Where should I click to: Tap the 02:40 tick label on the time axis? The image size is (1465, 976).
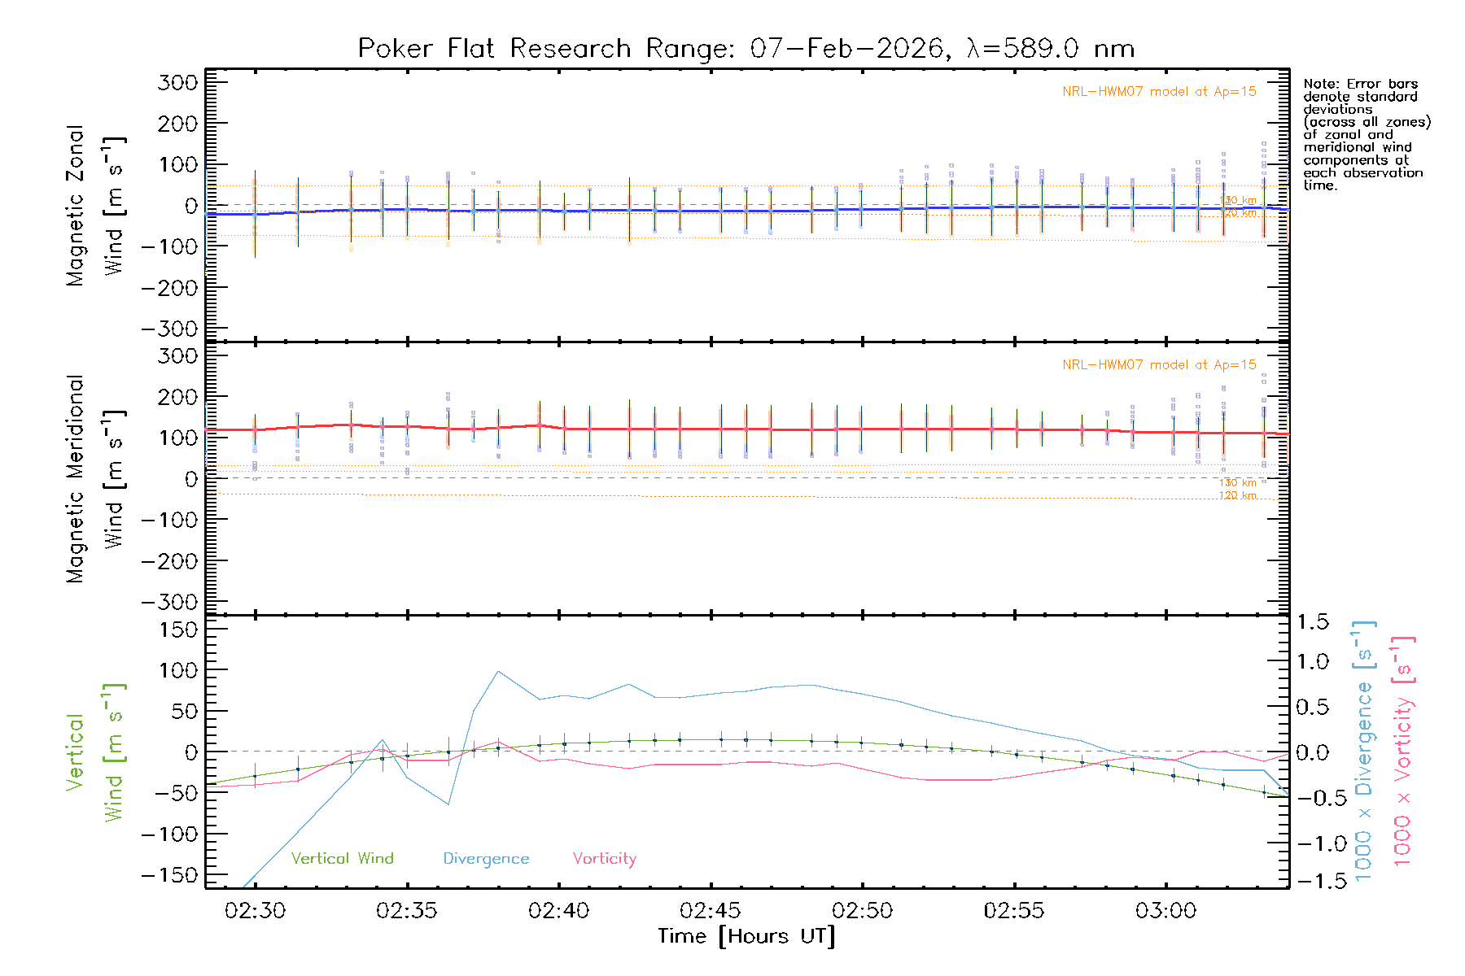point(558,911)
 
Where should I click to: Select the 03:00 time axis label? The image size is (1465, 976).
point(1165,911)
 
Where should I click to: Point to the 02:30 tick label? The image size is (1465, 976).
point(255,911)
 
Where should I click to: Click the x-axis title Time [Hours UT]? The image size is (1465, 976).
point(746,937)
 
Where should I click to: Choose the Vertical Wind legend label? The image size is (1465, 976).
point(342,859)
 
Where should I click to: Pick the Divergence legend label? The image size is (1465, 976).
point(486,859)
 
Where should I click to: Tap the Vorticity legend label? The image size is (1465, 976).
point(604,859)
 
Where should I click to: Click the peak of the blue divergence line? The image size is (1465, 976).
point(498,672)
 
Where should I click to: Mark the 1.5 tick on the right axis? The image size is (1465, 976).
point(1312,622)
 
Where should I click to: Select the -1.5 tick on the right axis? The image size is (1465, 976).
point(1310,882)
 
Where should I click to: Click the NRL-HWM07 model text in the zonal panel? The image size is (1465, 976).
point(1159,92)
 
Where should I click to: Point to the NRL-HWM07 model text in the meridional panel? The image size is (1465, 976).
point(1159,365)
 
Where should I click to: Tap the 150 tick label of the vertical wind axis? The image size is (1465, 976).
point(178,630)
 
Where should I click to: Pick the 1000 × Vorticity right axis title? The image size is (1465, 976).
point(1403,752)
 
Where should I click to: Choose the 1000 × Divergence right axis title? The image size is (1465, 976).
point(1364,752)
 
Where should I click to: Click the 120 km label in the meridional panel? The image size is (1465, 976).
point(1237,495)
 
